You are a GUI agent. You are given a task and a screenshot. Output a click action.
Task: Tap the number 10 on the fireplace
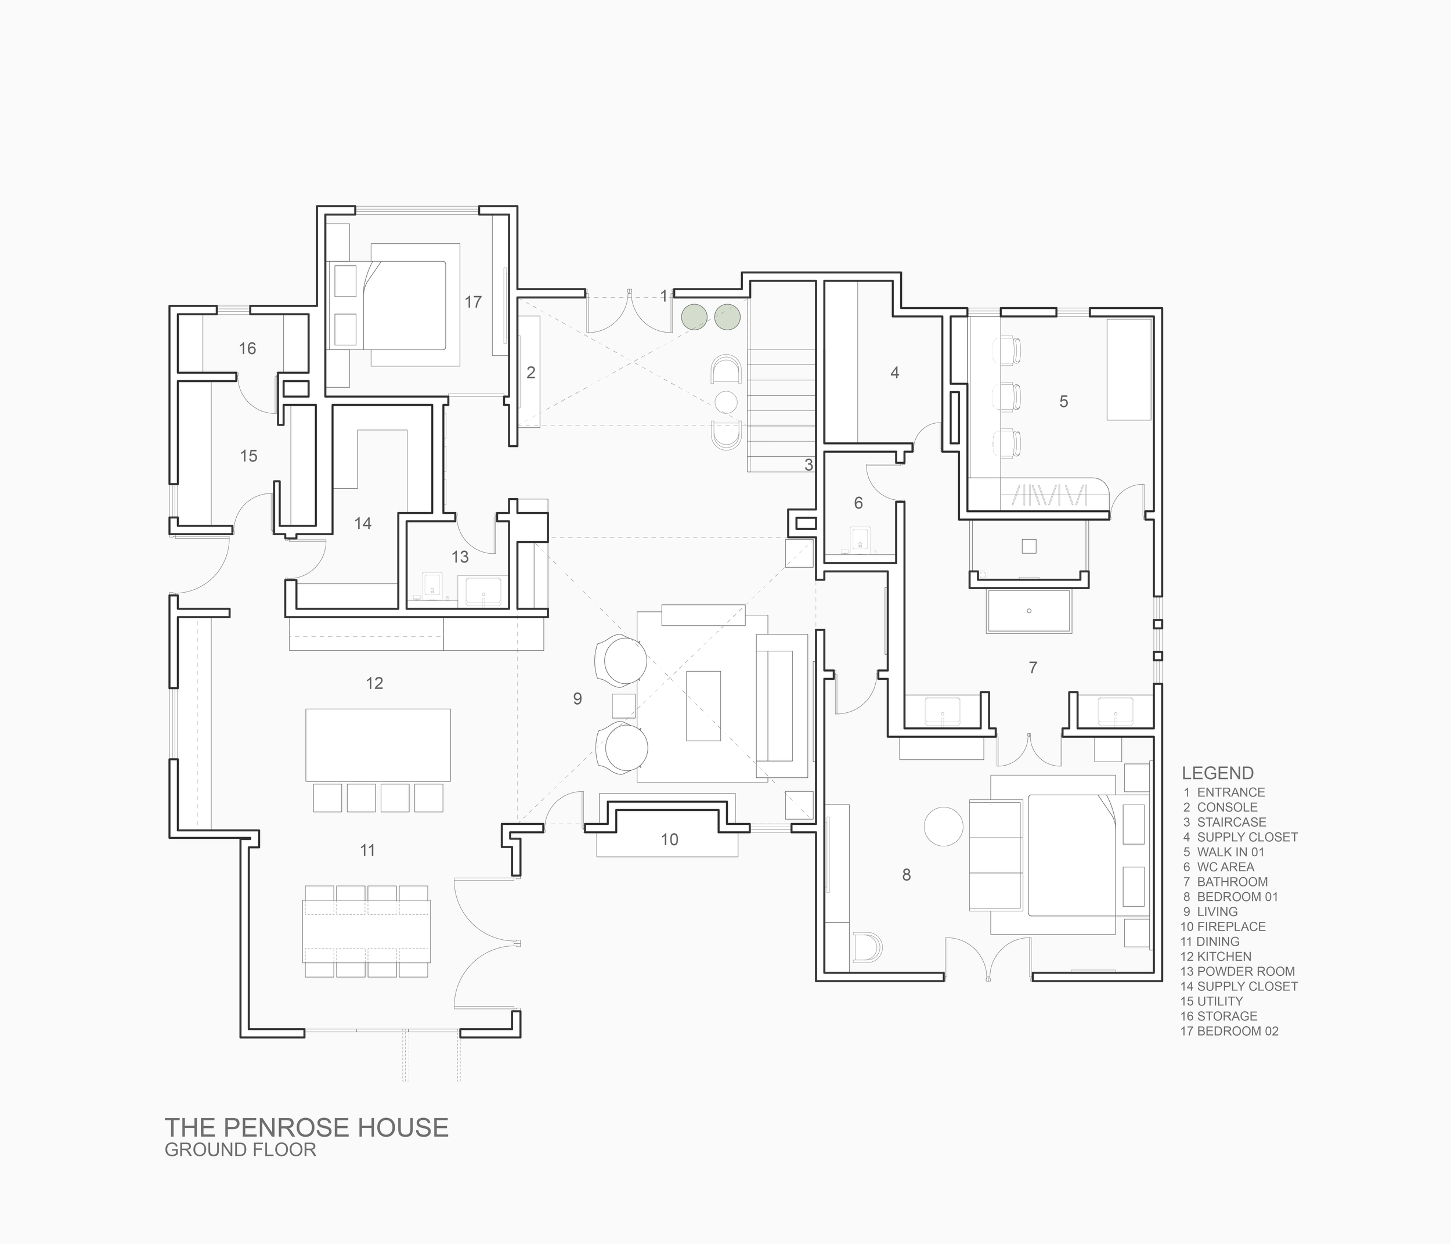click(x=669, y=839)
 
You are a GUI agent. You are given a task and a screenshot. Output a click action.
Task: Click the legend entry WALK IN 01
click(x=1230, y=852)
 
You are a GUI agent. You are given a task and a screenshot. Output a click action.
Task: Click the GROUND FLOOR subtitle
click(x=240, y=1149)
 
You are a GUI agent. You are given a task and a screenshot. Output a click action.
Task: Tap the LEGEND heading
click(x=1217, y=773)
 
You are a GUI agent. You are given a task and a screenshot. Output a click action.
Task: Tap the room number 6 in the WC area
click(x=858, y=502)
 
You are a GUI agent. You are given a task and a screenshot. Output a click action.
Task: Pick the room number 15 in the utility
click(x=248, y=456)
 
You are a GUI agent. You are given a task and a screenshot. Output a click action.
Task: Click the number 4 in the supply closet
click(x=894, y=373)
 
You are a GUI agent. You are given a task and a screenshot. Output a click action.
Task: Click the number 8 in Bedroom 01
click(x=906, y=874)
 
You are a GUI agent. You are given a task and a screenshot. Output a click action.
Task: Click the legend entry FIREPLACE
click(x=1231, y=926)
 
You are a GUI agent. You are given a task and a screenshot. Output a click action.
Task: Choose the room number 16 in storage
click(x=247, y=348)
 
